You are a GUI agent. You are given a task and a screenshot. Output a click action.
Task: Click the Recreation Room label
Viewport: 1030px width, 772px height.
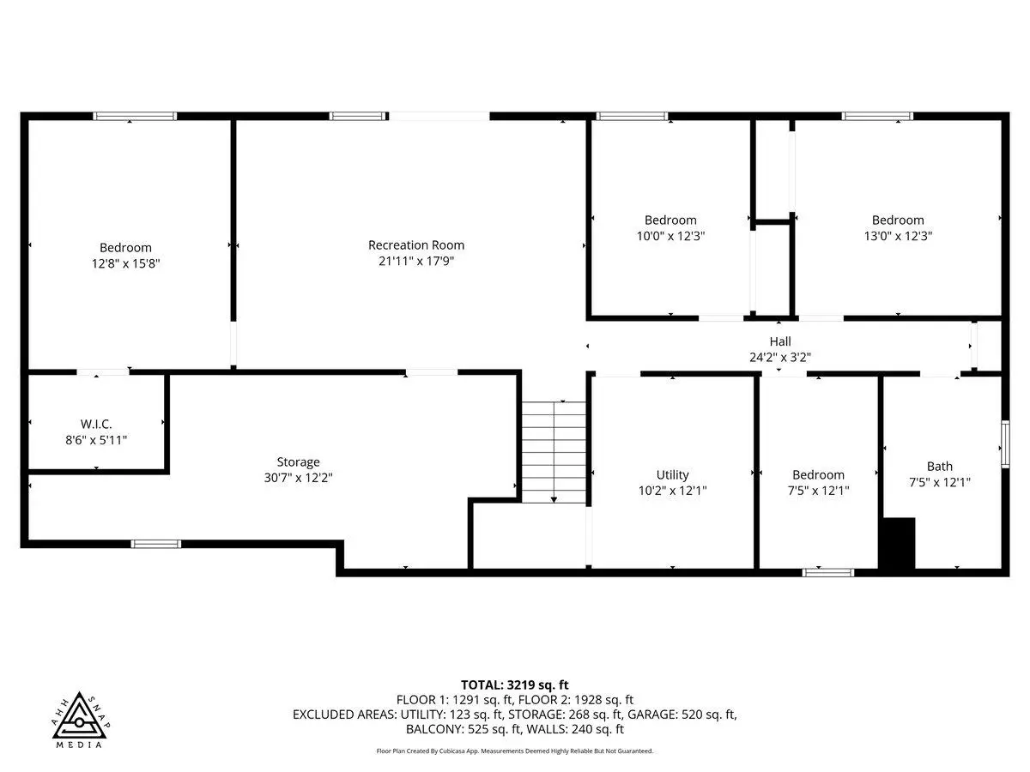415,245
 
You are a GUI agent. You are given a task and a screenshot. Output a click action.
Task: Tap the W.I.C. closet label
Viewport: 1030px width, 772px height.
96,425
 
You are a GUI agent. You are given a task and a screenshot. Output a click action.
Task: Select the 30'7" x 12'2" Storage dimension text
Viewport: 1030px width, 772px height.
298,478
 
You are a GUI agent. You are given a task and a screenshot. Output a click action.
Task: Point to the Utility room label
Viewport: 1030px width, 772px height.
672,475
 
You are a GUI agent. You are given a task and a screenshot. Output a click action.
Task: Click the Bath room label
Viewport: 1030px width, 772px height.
939,467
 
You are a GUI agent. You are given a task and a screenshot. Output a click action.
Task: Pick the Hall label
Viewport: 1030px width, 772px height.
780,341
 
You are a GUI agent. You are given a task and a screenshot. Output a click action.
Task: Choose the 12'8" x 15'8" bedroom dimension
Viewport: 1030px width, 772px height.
126,263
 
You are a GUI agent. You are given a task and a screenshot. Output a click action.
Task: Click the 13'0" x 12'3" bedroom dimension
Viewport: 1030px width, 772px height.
898,236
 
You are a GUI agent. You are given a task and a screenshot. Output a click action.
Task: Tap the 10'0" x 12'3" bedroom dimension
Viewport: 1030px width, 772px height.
670,236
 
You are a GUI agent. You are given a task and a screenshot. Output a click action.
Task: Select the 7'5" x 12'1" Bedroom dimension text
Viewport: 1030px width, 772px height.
818,491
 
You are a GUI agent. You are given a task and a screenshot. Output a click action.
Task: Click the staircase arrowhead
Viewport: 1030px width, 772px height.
554,500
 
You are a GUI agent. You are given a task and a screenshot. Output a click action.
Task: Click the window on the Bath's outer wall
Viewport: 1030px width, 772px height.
1005,444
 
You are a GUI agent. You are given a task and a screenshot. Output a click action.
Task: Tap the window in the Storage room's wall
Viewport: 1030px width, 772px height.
156,544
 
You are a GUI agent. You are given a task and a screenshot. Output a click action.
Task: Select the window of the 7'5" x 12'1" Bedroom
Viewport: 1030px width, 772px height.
828,572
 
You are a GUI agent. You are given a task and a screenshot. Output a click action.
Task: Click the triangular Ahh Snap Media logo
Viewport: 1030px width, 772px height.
81,716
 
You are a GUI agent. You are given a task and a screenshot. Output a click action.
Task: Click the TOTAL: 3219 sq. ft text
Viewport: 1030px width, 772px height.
514,685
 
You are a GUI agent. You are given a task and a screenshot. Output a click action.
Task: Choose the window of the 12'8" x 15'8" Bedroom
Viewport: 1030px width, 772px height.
135,117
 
